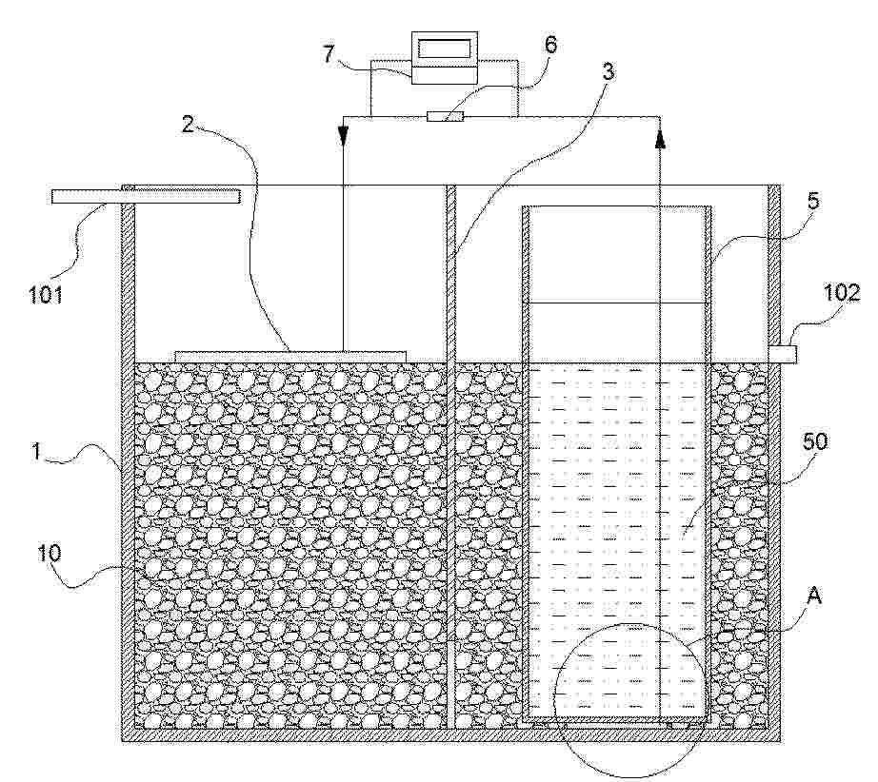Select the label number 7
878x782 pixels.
coord(328,54)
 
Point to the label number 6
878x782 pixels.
coord(550,45)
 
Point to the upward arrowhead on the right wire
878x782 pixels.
coord(661,140)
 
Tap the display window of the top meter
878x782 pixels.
coord(444,48)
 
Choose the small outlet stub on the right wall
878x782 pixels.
coord(783,354)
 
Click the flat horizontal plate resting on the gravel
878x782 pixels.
coord(291,356)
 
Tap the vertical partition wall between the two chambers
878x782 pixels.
coord(452,457)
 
